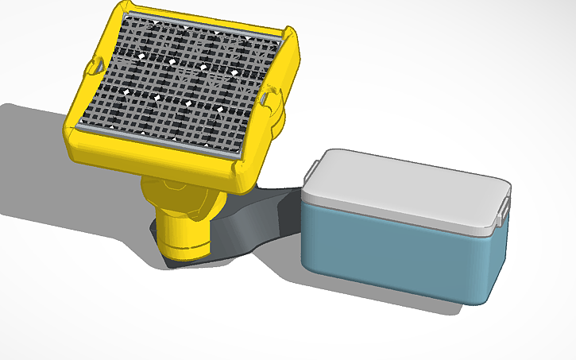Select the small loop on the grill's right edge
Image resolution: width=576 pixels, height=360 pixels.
[269, 99]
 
